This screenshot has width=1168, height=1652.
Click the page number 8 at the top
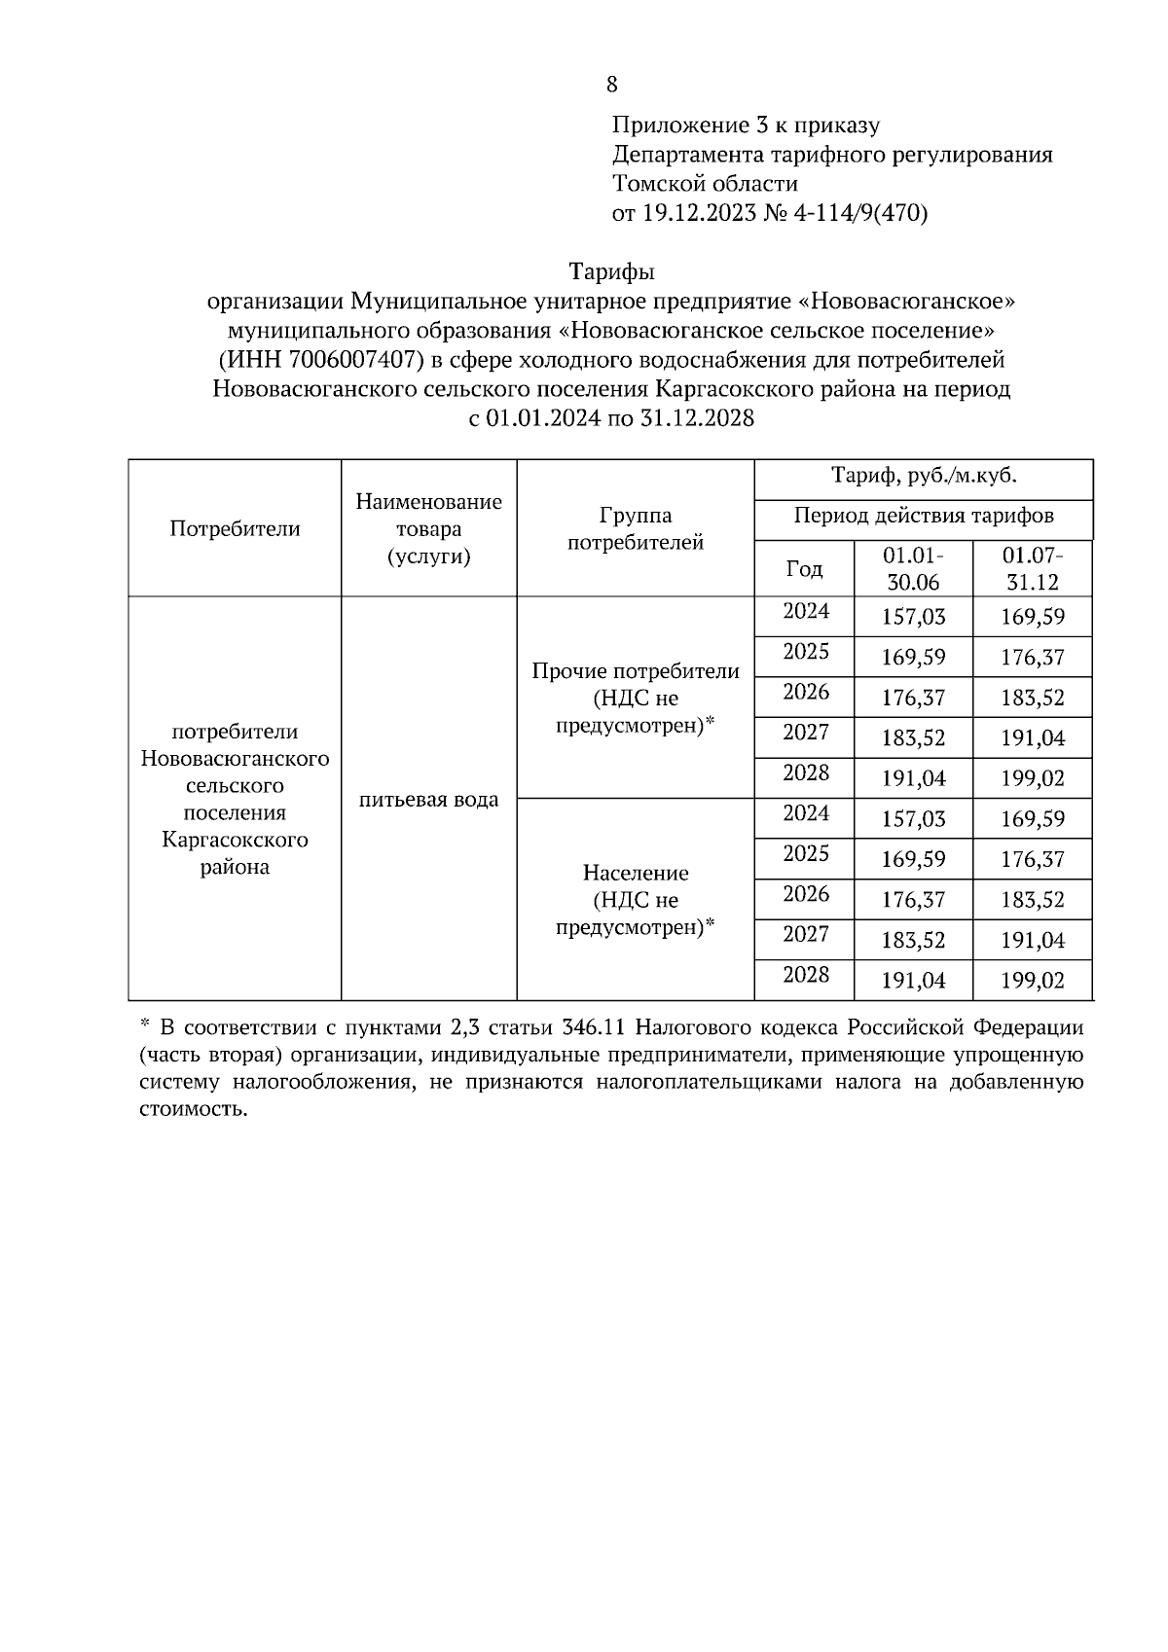[x=611, y=85]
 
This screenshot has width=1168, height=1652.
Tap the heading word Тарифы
[x=611, y=271]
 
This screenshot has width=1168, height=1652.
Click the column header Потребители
[x=235, y=528]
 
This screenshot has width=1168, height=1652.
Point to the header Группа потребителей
[x=635, y=528]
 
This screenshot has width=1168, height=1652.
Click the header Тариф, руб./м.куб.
[x=923, y=477]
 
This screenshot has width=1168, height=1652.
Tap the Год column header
[x=804, y=569]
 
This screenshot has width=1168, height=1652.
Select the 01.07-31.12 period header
[x=1032, y=569]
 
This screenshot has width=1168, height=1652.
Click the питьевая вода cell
[x=428, y=800]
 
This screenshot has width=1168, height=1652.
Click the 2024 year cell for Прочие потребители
[x=805, y=612]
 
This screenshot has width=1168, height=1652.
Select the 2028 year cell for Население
[x=805, y=975]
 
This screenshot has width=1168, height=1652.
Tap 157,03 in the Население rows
[x=912, y=819]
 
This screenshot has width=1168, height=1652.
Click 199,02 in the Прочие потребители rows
[x=1032, y=778]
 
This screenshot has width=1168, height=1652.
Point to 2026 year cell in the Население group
[x=805, y=894]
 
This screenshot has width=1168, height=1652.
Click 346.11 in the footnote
[x=596, y=1027]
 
